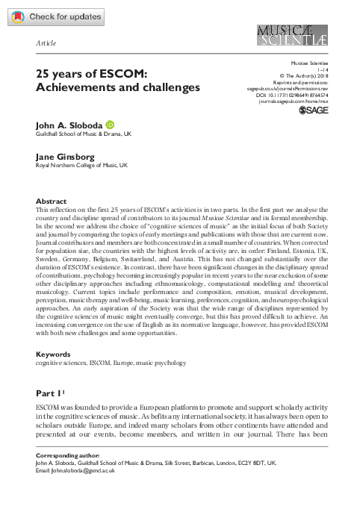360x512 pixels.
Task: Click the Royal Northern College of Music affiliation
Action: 82,166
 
